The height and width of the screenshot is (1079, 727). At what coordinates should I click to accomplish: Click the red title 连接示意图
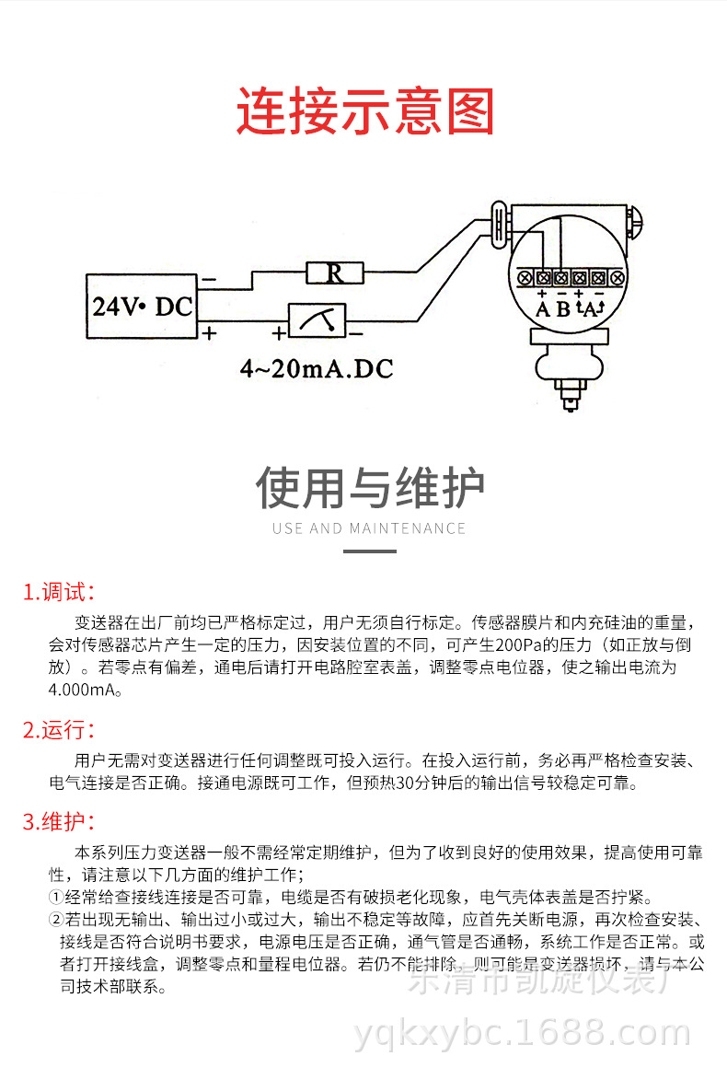click(x=365, y=112)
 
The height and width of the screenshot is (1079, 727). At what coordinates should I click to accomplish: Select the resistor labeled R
click(x=335, y=273)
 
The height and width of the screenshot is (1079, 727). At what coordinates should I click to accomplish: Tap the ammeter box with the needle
click(x=317, y=319)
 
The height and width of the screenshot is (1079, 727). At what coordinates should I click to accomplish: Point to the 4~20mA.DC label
click(x=317, y=369)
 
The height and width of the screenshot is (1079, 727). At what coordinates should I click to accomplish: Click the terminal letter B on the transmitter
click(x=561, y=309)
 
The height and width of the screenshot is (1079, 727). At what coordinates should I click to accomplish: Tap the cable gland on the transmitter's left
click(x=498, y=225)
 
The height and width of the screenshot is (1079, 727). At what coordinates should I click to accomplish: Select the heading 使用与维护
click(x=370, y=488)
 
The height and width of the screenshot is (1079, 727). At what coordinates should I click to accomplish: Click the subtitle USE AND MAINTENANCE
click(x=369, y=528)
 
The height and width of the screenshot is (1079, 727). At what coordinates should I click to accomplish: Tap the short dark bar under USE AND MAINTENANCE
click(x=369, y=551)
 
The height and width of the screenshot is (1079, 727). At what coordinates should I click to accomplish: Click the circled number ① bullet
click(x=56, y=898)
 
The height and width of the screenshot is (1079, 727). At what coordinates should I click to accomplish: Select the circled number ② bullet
click(x=56, y=921)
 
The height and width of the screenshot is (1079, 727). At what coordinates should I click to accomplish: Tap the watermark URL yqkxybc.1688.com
click(x=522, y=1033)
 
